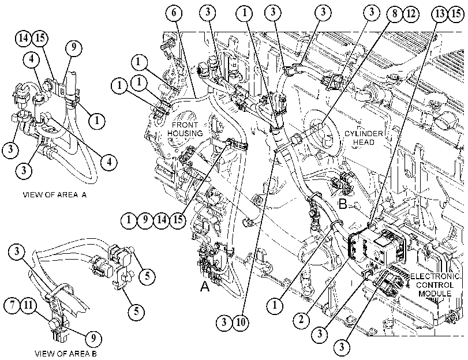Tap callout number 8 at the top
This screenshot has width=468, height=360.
395,13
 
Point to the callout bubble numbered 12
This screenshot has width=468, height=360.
411,13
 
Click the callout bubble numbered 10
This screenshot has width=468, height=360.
241,322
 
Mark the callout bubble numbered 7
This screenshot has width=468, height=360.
13,306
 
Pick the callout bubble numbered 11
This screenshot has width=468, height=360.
29,306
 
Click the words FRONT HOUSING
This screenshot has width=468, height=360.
185,129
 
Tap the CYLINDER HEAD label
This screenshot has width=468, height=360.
364,138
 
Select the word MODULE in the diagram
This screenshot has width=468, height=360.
435,294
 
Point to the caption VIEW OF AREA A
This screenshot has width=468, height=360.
55,195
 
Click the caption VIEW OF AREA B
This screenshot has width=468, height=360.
66,354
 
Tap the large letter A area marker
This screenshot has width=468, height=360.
205,287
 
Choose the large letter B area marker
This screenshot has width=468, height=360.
343,205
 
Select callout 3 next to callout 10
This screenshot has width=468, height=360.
224,322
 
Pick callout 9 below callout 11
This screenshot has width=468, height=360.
93,339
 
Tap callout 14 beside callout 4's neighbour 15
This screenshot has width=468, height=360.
23,38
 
